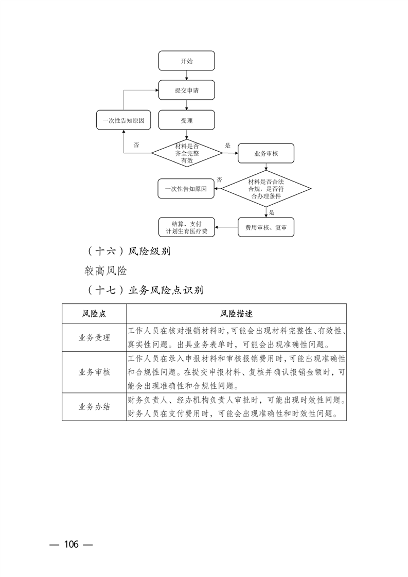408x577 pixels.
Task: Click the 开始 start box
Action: (186, 61)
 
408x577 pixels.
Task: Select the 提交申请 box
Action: (186, 90)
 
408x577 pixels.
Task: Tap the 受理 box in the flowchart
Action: (186, 120)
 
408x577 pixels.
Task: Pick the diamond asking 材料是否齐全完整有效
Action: (186, 153)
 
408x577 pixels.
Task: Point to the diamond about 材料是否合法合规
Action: (266, 189)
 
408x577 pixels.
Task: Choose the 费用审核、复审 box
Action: (266, 227)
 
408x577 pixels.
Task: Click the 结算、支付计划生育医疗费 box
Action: (186, 227)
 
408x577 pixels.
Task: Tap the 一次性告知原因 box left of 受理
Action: (123, 120)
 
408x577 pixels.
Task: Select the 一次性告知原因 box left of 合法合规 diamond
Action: (186, 189)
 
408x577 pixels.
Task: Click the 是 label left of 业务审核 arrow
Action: (227, 146)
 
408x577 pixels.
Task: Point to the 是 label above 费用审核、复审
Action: (272, 212)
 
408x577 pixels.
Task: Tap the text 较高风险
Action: (106, 271)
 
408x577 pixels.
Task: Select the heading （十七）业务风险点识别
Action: (145, 290)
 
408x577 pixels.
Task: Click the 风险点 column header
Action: (94, 314)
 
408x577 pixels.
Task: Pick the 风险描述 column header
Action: (236, 314)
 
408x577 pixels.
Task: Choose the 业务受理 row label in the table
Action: (94, 338)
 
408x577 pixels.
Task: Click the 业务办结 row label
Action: (94, 407)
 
